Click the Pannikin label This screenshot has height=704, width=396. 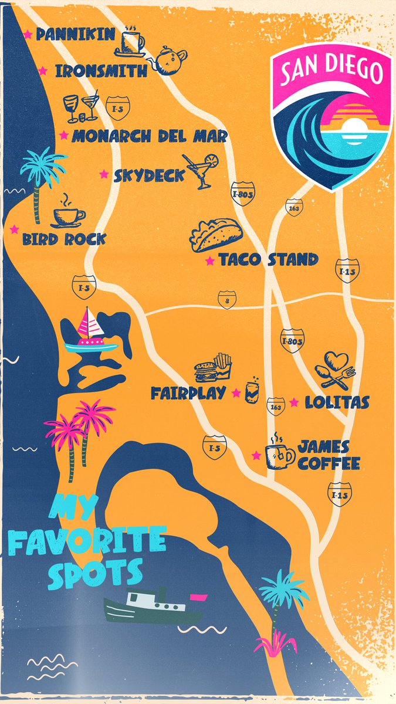pyautogui.click(x=76, y=35)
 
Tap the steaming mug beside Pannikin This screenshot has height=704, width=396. pyautogui.click(x=133, y=41)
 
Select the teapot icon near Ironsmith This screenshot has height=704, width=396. pyautogui.click(x=171, y=60)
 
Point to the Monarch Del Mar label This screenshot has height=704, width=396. pyautogui.click(x=149, y=137)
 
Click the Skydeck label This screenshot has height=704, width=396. pyautogui.click(x=149, y=175)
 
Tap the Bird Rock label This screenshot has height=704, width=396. pyautogui.click(x=64, y=239)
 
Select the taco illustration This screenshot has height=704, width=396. pyautogui.click(x=215, y=235)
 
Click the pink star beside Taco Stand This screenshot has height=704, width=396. pyautogui.click(x=209, y=260)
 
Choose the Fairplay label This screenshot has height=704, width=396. pyautogui.click(x=188, y=393)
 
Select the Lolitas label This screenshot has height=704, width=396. pyautogui.click(x=337, y=402)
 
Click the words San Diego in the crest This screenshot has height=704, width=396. pyautogui.click(x=331, y=71)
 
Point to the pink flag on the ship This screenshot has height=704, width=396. pyautogui.click(x=198, y=598)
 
